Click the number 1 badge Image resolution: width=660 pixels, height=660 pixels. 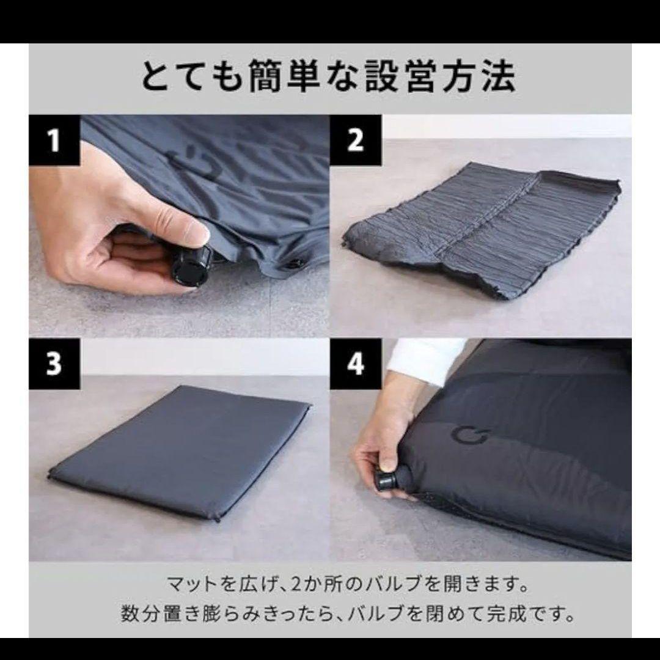54,141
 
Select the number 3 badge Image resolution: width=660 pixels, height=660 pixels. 54,364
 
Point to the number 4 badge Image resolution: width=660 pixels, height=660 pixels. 356,364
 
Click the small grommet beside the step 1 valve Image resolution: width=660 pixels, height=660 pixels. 296,264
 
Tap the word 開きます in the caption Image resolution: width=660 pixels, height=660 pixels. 483,585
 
